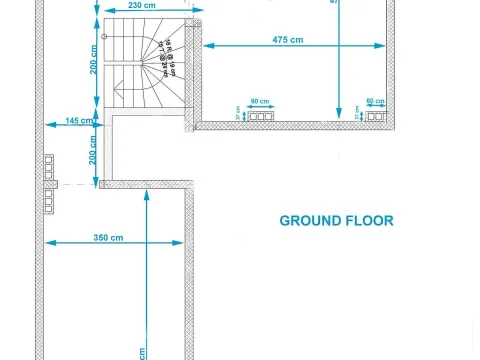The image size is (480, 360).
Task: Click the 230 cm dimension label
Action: coord(143,5)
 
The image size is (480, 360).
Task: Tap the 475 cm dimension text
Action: coord(288,39)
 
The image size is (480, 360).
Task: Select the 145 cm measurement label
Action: coord(79,120)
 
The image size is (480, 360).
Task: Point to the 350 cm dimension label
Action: coord(108,237)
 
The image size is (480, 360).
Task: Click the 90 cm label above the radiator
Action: coord(259,102)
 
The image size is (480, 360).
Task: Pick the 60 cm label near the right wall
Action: coord(375,102)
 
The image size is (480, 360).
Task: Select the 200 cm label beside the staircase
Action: coord(92,67)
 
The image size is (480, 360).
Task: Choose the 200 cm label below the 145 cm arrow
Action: coord(92,151)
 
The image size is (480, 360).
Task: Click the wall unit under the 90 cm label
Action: coord(260,117)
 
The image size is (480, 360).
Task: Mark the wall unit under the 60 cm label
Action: coord(376,117)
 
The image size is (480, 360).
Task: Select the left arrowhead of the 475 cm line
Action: coord(207,44)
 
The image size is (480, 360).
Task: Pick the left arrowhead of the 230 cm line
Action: coord(104,12)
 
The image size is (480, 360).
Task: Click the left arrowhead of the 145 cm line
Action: coord(47,125)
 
